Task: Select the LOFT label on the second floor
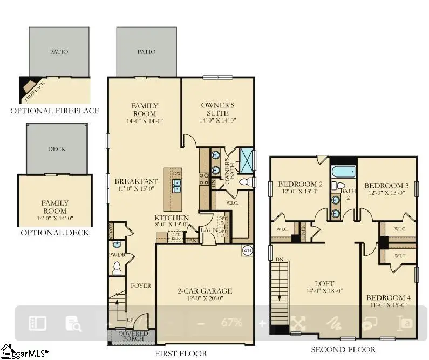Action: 324,284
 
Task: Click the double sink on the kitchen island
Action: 177,186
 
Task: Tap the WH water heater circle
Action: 247,250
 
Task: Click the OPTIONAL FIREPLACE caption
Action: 55,111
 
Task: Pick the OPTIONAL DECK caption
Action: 55,233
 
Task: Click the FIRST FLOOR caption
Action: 180,354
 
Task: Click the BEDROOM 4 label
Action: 388,298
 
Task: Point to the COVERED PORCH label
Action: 133,337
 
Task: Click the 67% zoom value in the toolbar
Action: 231,323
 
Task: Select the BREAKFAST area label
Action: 136,181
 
